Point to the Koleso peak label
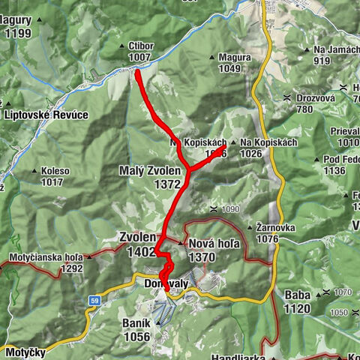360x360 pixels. point(55,171)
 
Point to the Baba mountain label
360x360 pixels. point(298,295)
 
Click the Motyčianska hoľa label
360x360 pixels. point(45,257)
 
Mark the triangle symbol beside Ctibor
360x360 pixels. point(122,46)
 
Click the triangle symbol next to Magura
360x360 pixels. point(212,57)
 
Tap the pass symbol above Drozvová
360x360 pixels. point(287,98)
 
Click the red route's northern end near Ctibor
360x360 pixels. point(138,72)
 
